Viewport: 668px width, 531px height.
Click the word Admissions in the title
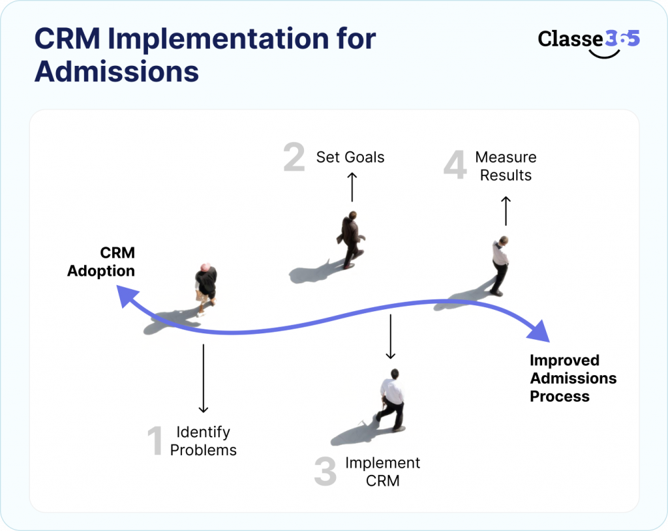point(116,71)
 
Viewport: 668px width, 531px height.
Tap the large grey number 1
point(155,442)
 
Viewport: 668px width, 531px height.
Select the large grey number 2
point(294,158)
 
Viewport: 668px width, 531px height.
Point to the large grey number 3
point(325,472)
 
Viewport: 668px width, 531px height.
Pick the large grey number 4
point(455,166)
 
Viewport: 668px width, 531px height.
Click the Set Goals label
point(350,157)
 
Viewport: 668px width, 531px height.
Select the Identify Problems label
point(203,441)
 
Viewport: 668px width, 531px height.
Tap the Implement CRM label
point(382,472)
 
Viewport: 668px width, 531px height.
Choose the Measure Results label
point(506,166)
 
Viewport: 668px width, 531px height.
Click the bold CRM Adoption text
point(102,262)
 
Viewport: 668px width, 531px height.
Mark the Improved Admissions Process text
point(572,378)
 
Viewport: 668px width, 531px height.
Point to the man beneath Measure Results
point(500,265)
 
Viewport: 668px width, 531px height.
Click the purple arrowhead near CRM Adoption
point(125,298)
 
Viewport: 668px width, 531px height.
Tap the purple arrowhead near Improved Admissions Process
point(539,330)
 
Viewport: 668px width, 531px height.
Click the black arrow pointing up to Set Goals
point(352,187)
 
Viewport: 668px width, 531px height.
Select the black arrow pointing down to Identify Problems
point(203,378)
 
